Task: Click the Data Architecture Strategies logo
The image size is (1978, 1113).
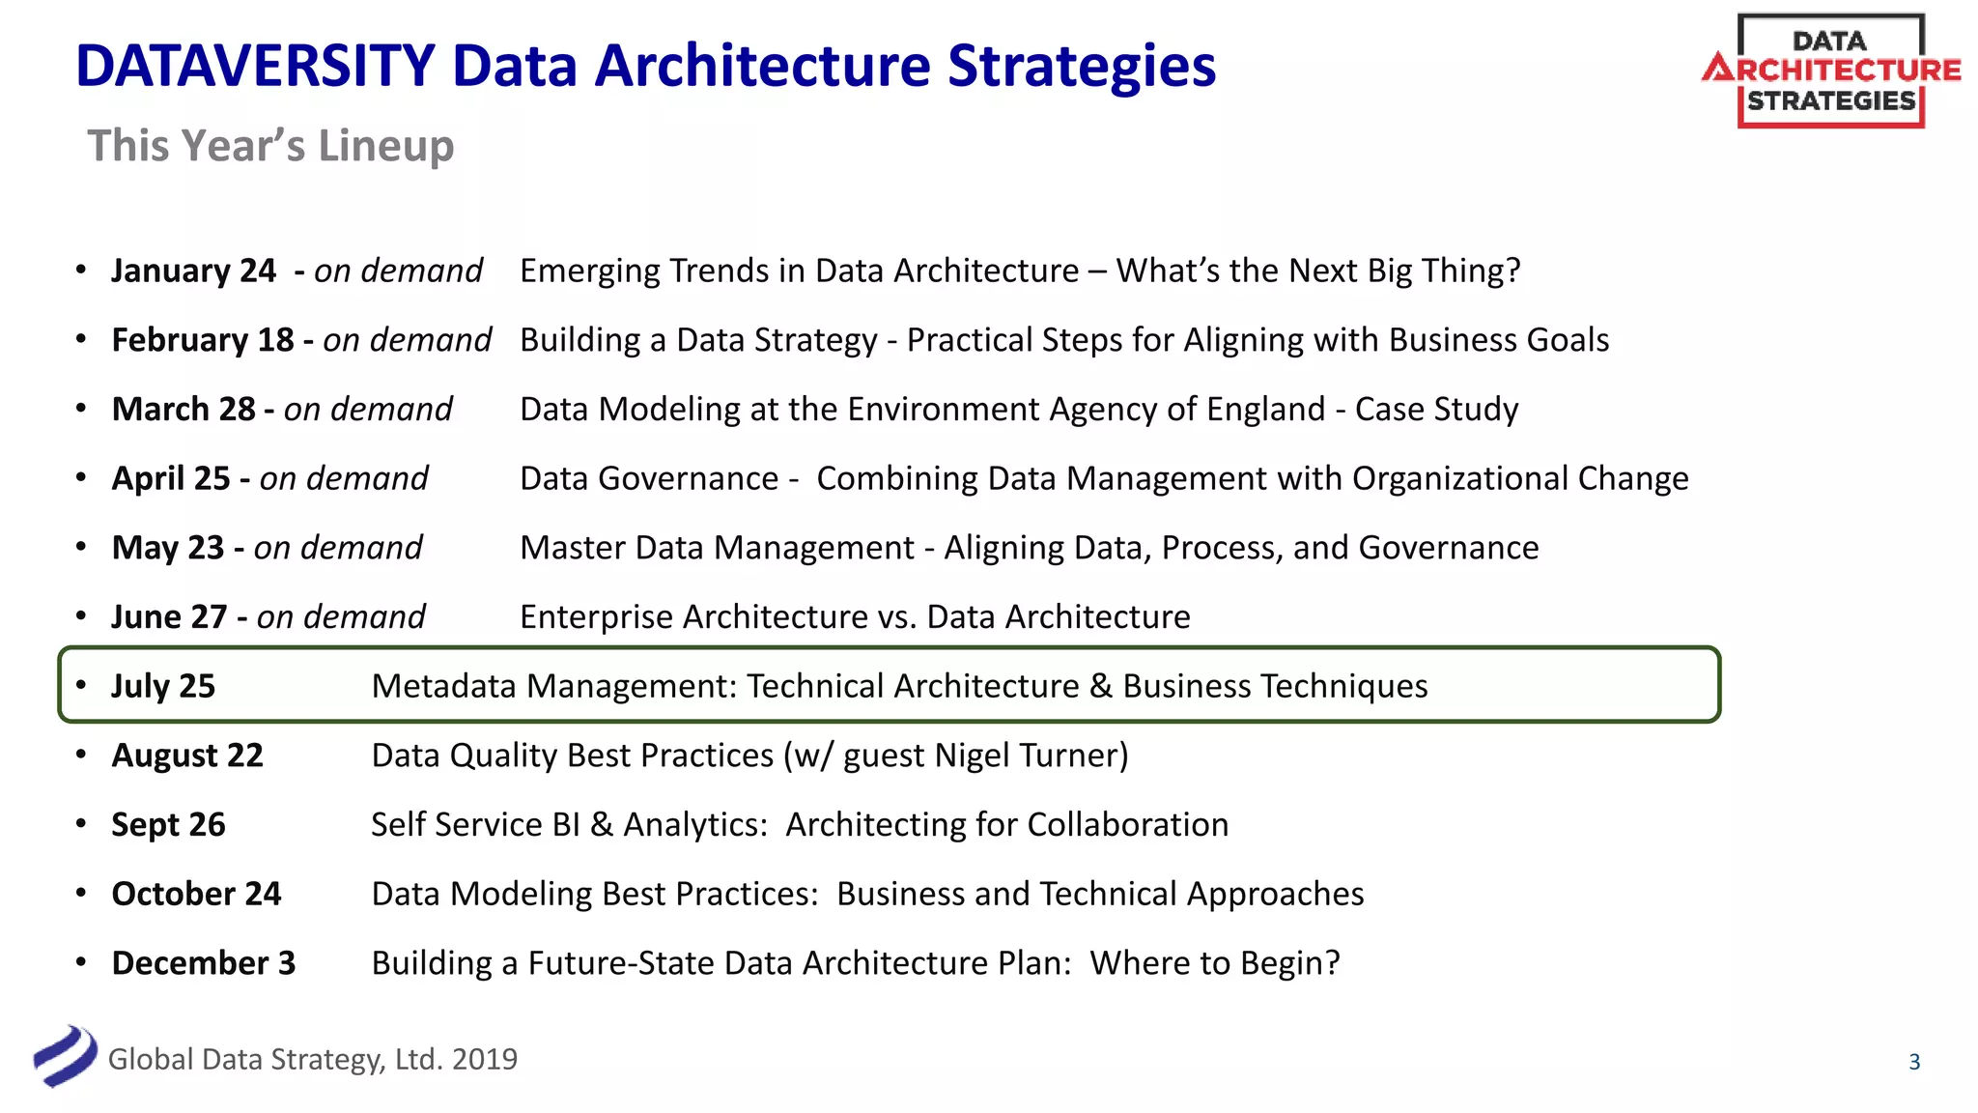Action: click(x=1830, y=71)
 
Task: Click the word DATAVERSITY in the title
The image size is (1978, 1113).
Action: click(x=255, y=66)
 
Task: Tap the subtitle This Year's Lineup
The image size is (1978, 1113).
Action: click(x=270, y=146)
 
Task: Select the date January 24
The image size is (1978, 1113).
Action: click(x=193, y=271)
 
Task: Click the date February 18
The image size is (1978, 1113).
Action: click(x=202, y=340)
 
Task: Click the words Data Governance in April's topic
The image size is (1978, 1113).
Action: click(x=649, y=479)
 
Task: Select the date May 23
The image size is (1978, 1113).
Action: click(x=168, y=548)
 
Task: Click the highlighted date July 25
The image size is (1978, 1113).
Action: click(x=163, y=686)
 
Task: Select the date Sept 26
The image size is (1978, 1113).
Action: click(x=168, y=825)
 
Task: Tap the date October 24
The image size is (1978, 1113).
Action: click(x=196, y=894)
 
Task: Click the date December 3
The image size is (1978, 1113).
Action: click(x=203, y=963)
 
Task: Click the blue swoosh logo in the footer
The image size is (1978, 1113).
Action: click(x=65, y=1056)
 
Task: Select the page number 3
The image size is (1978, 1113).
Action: click(x=1914, y=1062)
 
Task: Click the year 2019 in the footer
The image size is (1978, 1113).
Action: click(x=484, y=1060)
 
